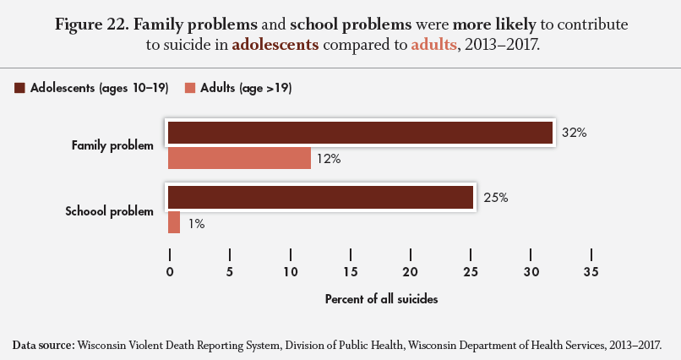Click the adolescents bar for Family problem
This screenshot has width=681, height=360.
point(360,134)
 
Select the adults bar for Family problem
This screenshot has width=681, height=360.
point(239,158)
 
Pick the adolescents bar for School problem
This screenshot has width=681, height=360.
point(320,198)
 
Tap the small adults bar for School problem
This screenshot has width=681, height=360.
point(174,222)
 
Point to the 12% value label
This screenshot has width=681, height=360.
point(330,159)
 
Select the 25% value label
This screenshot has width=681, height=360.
point(495,198)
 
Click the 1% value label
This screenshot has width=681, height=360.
point(196,224)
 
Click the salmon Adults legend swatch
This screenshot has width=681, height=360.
point(190,88)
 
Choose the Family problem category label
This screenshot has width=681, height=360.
point(112,145)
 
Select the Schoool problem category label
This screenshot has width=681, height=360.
point(109,210)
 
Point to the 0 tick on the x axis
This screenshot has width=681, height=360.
point(170,271)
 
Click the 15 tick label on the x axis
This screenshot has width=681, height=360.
point(351,271)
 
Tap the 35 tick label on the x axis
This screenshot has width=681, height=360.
point(591,271)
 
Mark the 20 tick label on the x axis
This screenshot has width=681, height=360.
point(411,271)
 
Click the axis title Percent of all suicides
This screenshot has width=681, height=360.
point(380,299)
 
